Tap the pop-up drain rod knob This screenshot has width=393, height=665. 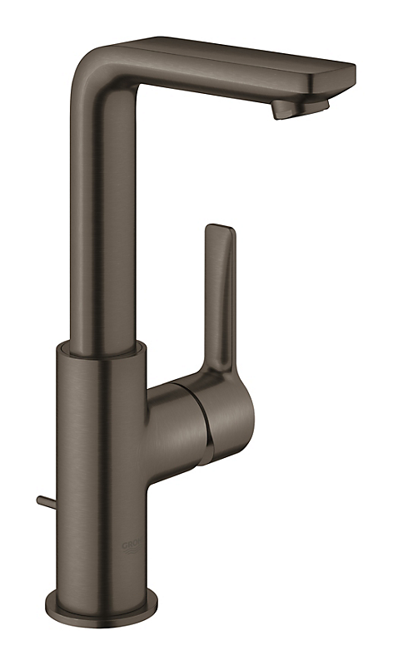click(40, 500)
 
